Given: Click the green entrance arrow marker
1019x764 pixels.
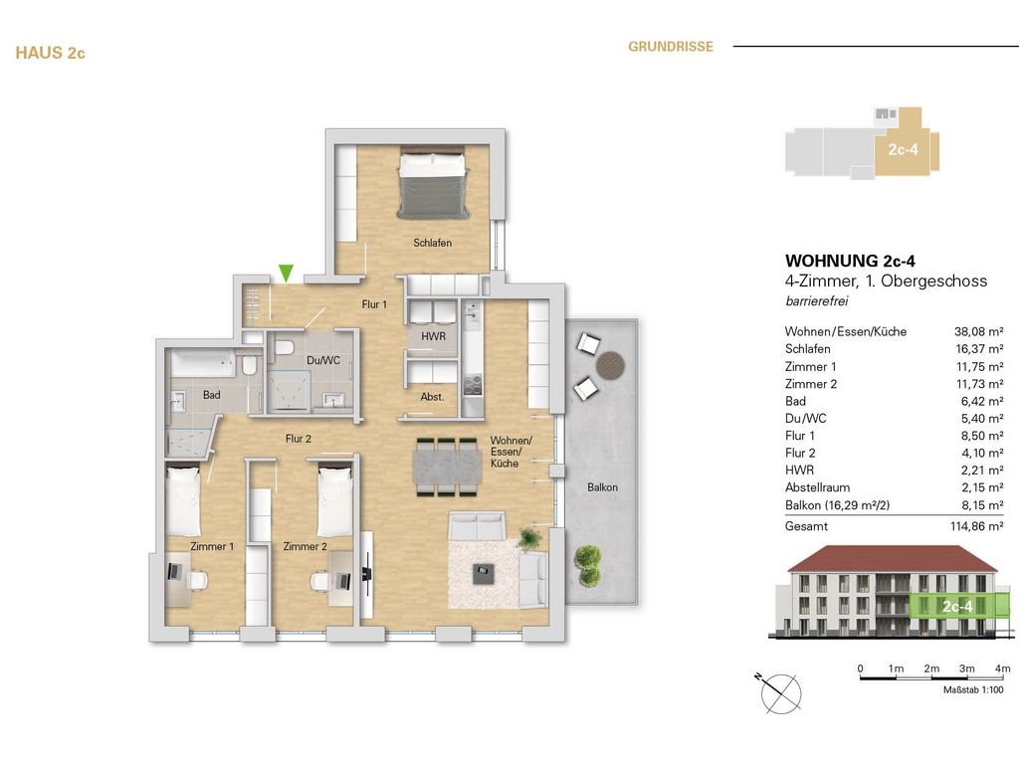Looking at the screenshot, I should [287, 272].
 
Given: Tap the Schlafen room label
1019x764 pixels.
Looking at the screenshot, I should [433, 243].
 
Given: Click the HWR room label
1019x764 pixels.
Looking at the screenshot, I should [433, 337].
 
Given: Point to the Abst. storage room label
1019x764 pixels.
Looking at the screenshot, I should [432, 397].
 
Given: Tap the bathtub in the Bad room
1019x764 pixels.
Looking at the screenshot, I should [203, 365].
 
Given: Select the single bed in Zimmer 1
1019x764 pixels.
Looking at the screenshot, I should [183, 501].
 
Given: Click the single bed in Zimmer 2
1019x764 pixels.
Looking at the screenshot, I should [335, 501].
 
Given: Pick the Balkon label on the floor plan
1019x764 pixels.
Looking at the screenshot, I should [602, 487].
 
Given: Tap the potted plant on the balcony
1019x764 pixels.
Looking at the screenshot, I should [588, 563].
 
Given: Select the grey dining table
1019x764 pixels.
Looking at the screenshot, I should [448, 467].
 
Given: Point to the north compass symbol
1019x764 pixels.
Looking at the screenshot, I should [776, 688].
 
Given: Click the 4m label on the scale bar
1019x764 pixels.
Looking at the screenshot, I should [1002, 668].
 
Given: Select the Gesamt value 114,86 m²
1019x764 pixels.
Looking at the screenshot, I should [976, 526].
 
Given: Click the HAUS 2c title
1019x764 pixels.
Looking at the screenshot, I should [51, 54].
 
